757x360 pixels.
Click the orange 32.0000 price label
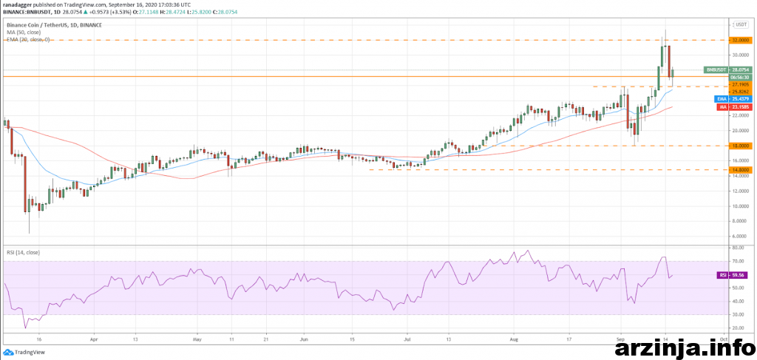pos(740,39)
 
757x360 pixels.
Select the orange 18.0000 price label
pos(740,146)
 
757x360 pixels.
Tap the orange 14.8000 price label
pos(740,170)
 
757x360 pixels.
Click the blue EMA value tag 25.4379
pos(740,98)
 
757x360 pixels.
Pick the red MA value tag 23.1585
pos(740,107)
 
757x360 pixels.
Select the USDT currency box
pos(740,24)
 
